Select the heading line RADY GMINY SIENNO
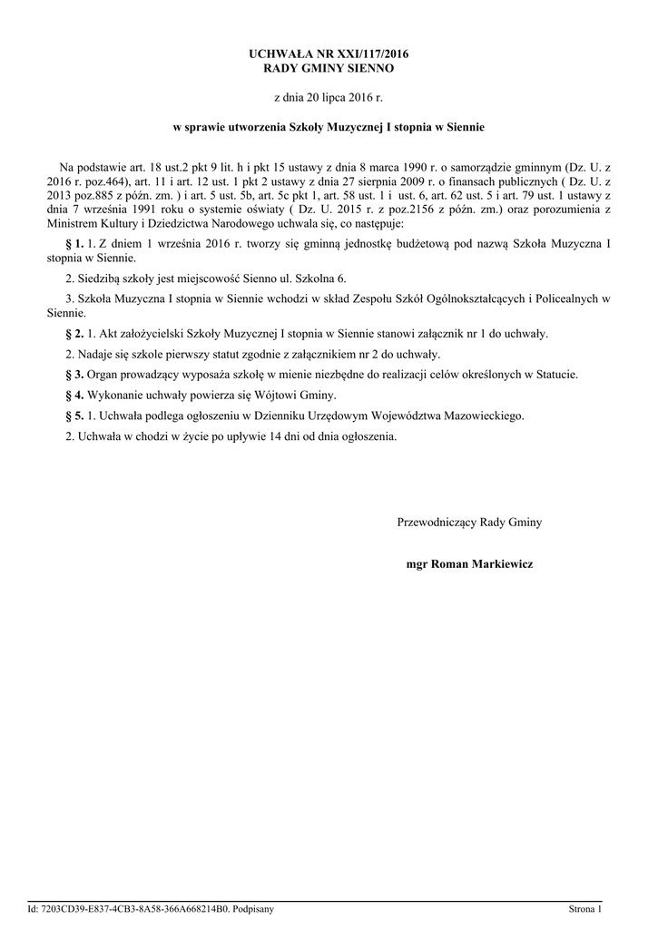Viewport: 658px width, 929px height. (x=329, y=68)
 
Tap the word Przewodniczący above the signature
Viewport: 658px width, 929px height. (x=437, y=522)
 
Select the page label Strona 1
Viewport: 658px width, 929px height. (x=584, y=908)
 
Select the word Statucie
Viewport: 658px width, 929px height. (x=556, y=374)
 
